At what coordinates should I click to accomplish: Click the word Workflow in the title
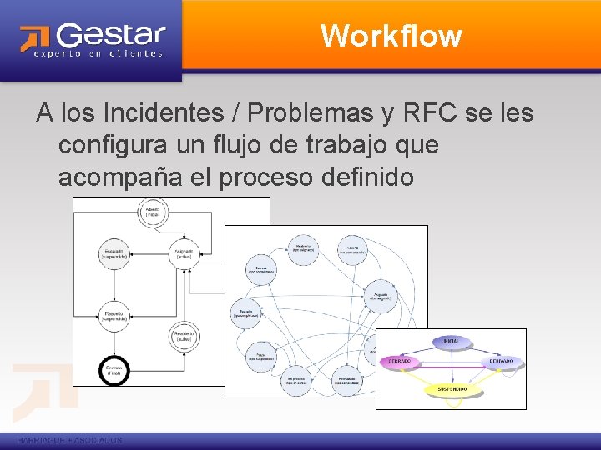[391, 36]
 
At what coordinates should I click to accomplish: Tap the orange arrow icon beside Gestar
[35, 38]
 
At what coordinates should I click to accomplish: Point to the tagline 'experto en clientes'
[98, 54]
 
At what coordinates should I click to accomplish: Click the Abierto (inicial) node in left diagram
[152, 211]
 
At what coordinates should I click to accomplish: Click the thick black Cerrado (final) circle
[114, 369]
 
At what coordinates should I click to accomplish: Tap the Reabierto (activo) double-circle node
[184, 335]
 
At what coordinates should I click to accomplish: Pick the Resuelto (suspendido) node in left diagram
[114, 312]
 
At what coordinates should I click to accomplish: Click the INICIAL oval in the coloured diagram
[451, 342]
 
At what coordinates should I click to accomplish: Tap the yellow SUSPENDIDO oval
[451, 388]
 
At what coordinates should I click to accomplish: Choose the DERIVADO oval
[502, 362]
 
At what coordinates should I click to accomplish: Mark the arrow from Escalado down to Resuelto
[114, 283]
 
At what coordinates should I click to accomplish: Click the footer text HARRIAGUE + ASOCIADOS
[69, 440]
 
